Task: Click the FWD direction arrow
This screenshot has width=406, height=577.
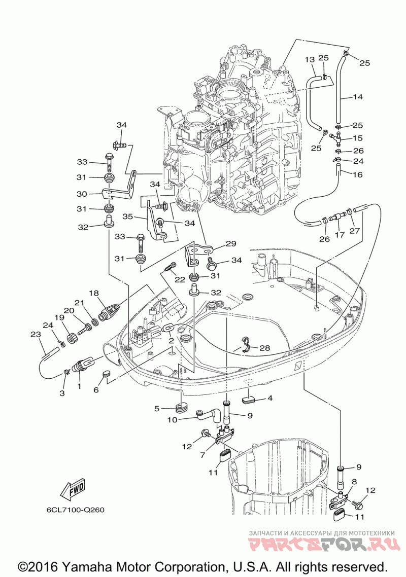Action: (72, 488)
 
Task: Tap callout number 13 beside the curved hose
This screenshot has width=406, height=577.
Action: (310, 59)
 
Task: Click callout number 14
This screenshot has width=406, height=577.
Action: (358, 96)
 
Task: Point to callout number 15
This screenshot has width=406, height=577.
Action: (357, 138)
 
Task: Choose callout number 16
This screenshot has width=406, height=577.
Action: (357, 174)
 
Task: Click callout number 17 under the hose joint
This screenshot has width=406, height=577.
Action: (339, 235)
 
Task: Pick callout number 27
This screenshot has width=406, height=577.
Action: (355, 230)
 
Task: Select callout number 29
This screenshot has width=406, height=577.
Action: (231, 244)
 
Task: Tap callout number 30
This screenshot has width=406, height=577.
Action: (82, 193)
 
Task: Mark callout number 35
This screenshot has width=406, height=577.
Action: (127, 217)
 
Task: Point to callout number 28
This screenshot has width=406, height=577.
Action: (265, 348)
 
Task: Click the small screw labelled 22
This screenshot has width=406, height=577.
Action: (169, 266)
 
